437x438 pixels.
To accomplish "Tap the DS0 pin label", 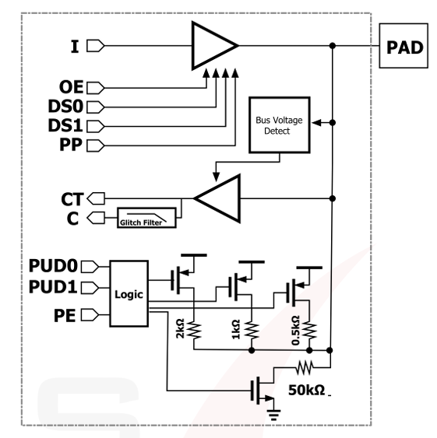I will click(66, 106).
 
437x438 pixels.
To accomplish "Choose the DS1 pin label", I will click(66, 125).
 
